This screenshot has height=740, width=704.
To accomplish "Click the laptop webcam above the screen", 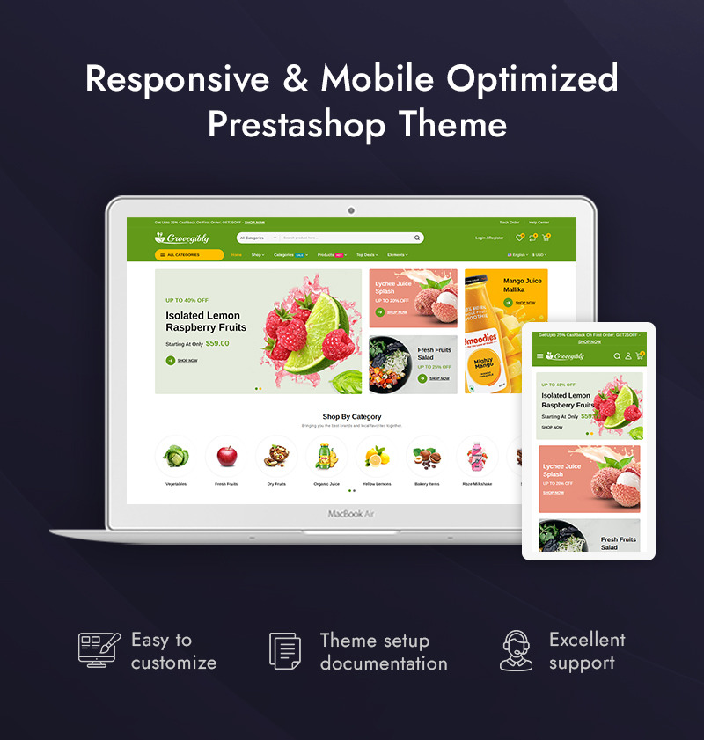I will [351, 211].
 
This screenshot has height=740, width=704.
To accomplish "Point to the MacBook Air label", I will [351, 514].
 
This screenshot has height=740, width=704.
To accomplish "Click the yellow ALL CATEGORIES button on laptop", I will [188, 255].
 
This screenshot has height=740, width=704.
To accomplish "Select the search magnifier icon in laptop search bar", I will [417, 238].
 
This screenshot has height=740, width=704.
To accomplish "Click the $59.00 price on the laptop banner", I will [217, 343].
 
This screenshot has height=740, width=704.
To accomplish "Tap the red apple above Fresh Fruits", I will [226, 456].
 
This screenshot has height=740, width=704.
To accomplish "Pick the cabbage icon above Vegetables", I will [176, 456].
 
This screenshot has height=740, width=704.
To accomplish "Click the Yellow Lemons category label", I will [377, 484].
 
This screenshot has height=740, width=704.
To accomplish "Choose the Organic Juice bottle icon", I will [326, 456].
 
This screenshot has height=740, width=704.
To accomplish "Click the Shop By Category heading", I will [352, 417].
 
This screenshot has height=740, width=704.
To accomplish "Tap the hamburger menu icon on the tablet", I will [539, 356].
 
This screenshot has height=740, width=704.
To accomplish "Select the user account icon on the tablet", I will [628, 356].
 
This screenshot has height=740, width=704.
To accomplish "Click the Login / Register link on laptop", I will [489, 238].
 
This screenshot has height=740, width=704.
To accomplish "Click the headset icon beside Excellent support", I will [517, 650].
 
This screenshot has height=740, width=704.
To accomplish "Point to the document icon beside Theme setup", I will [284, 650].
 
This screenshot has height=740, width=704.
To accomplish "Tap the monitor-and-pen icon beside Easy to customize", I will [98, 648].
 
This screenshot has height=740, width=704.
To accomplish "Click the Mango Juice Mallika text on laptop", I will [523, 285].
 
